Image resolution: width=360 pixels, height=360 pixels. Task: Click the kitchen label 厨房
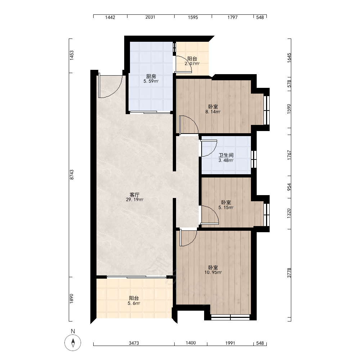point(151,76)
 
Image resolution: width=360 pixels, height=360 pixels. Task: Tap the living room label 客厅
point(135,195)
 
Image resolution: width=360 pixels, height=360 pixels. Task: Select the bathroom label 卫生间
point(226,155)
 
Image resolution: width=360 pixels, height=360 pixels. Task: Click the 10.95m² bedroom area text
point(213,273)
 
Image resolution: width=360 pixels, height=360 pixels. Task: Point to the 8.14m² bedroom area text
point(213,112)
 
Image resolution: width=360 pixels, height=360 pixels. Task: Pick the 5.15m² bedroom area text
point(226,208)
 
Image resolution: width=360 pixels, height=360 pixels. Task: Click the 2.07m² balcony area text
point(192,64)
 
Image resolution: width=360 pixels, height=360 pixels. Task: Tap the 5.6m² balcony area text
point(134,303)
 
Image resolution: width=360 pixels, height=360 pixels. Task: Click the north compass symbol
point(73,343)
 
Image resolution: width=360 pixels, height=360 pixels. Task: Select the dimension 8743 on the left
point(72,175)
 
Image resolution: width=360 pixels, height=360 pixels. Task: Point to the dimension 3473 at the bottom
point(134,343)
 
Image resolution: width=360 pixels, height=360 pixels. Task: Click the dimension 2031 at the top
point(150,17)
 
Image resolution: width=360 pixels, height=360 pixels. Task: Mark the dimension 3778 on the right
point(289,273)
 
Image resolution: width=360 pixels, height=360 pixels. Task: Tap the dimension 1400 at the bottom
point(190,343)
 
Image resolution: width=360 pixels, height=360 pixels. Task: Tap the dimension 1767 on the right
point(289,155)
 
